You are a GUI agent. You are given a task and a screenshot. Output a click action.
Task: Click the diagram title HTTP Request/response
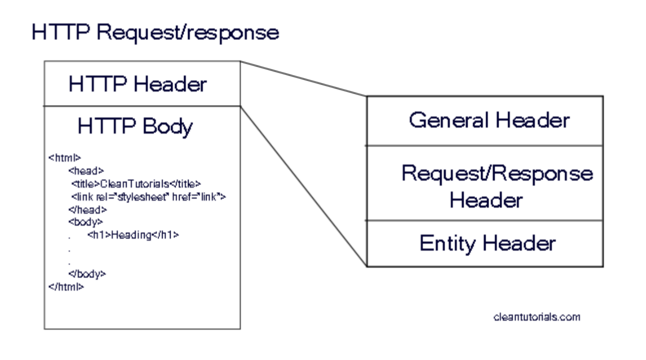(155, 32)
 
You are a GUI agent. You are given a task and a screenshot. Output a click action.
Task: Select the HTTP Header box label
(138, 84)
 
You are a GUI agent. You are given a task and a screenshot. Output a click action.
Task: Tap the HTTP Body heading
(135, 126)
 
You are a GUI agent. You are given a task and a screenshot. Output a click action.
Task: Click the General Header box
(489, 120)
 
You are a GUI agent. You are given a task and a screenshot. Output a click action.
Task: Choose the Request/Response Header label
(496, 186)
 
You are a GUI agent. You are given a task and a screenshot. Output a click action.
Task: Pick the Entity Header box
(487, 243)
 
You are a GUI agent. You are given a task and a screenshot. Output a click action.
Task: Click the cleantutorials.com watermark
(536, 317)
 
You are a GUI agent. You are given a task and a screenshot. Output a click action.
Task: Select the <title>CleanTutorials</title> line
(136, 183)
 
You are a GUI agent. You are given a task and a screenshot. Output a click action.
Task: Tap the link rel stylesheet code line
(148, 196)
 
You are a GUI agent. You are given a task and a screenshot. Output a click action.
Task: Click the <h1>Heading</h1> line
(133, 235)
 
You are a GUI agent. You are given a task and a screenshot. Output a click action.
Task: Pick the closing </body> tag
(87, 274)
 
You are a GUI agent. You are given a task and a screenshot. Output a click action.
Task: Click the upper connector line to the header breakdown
(303, 78)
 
